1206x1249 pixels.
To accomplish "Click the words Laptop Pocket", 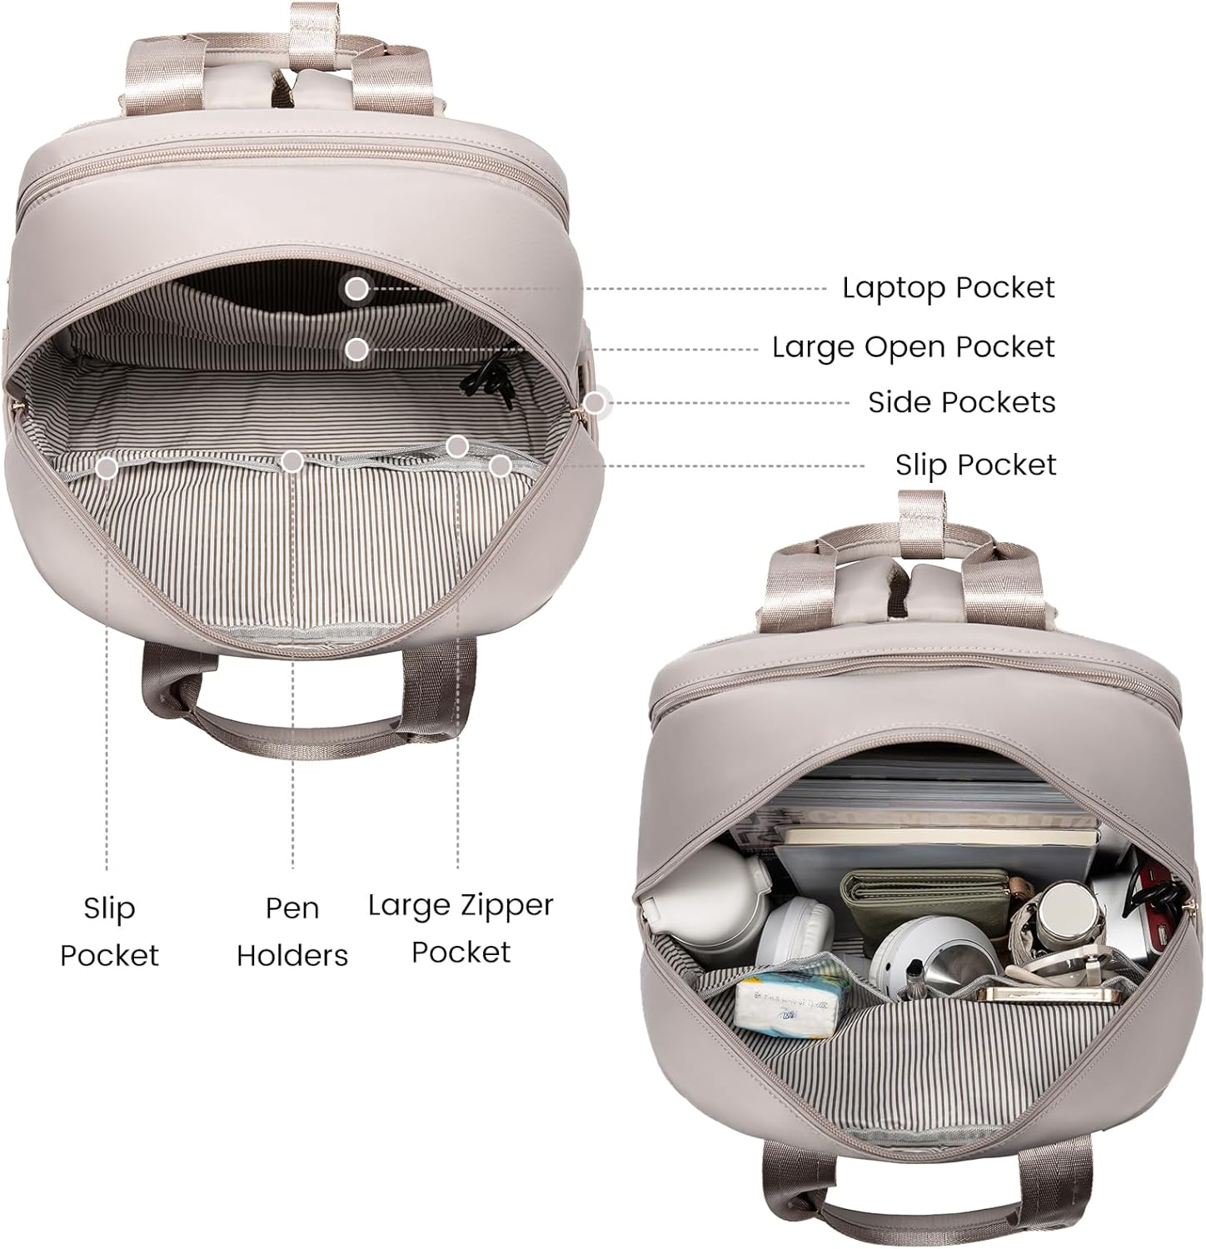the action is [x=948, y=287].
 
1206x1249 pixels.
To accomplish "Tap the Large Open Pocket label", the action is [x=914, y=346].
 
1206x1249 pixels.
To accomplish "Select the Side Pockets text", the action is [x=961, y=402].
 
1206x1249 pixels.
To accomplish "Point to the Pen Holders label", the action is [x=292, y=931].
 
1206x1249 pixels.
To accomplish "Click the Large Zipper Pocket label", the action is [x=461, y=928].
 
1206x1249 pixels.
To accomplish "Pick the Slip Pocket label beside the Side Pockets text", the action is [x=975, y=464].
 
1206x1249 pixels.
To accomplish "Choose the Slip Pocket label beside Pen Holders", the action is [x=109, y=931].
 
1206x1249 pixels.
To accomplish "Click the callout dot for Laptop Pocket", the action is [x=356, y=289].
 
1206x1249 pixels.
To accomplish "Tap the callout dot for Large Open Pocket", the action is [x=357, y=350].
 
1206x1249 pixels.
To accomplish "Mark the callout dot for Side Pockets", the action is [x=594, y=404].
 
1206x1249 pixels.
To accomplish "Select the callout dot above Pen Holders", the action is [x=292, y=461].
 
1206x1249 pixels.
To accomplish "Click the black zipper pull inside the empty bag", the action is [x=487, y=379].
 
